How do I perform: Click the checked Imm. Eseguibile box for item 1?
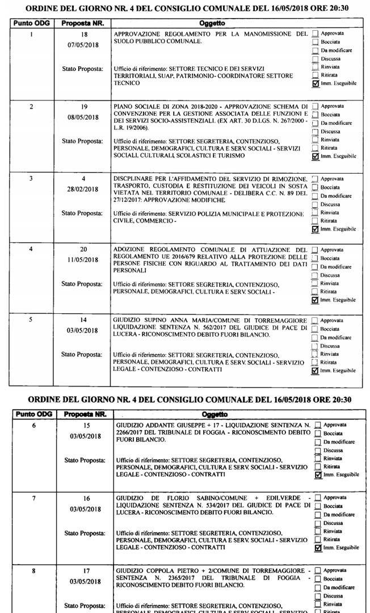[316, 83]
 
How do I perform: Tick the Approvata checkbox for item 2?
[316, 106]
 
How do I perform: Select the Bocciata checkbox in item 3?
[316, 187]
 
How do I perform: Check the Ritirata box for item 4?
[316, 291]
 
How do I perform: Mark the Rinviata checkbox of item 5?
[316, 354]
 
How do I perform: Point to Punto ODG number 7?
[34, 498]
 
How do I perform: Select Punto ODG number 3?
[31, 178]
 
